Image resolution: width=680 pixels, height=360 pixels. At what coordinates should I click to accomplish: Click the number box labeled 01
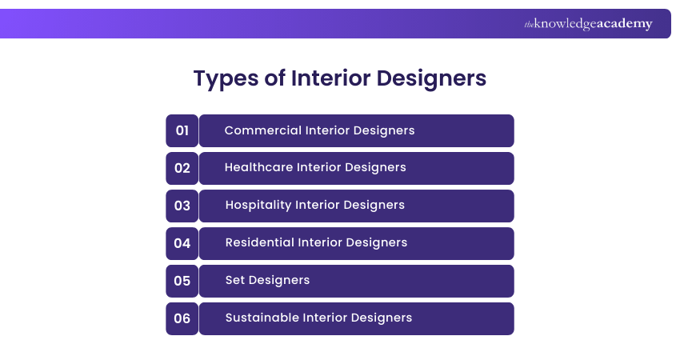click(x=182, y=130)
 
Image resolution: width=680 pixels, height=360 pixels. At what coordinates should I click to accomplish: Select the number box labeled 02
click(x=182, y=168)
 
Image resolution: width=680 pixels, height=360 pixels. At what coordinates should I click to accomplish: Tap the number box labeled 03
click(x=182, y=206)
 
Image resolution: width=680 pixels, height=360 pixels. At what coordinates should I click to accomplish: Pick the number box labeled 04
click(x=182, y=243)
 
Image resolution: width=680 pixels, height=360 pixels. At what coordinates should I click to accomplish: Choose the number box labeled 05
click(x=182, y=281)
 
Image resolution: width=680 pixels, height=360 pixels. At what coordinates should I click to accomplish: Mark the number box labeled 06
click(x=182, y=318)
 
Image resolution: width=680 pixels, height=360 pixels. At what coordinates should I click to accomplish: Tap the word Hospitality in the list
click(x=258, y=206)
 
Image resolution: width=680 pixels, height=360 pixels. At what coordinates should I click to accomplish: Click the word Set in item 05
click(x=235, y=281)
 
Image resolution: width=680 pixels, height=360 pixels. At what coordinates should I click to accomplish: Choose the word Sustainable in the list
click(x=262, y=318)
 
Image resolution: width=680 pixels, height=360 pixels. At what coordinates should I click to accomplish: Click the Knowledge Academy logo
click(x=588, y=24)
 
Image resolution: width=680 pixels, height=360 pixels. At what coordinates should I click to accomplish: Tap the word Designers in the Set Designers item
click(x=279, y=281)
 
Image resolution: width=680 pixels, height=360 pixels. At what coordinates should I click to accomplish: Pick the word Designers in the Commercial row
click(x=384, y=130)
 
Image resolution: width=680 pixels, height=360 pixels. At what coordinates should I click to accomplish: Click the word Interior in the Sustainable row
click(x=326, y=318)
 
